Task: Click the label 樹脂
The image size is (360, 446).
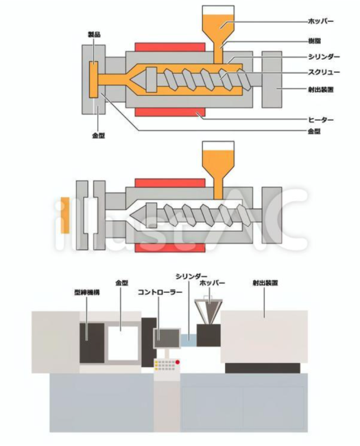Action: tap(315, 41)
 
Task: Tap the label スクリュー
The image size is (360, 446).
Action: tap(324, 72)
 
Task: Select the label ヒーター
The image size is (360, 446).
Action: tap(321, 120)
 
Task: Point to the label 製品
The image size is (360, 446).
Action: tap(94, 35)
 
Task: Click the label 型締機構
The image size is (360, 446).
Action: tap(87, 292)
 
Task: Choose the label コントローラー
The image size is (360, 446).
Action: tap(160, 292)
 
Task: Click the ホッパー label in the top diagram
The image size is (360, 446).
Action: tap(321, 21)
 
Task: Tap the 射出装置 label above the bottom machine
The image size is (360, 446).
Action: tap(265, 283)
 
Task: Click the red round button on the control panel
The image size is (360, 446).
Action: tap(178, 362)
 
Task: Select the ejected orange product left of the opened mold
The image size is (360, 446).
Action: tap(65, 215)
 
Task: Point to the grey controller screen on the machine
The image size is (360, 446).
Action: tap(167, 338)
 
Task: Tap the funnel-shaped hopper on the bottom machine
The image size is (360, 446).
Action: tap(208, 312)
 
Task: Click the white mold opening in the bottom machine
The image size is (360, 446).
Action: tap(123, 343)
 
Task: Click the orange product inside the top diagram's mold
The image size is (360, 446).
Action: tap(93, 80)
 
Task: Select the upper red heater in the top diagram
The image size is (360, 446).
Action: tap(170, 47)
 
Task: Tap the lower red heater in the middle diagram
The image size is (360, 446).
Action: tap(170, 248)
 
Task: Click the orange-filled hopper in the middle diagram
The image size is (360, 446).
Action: tap(218, 165)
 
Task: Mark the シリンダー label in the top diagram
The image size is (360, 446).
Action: tap(324, 57)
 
